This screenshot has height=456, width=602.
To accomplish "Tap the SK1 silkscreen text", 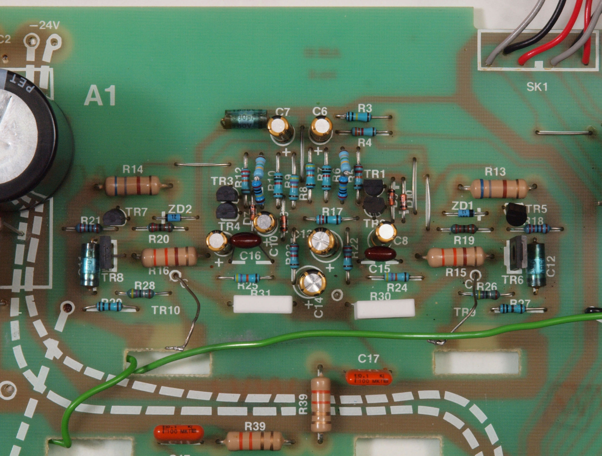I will pyautogui.click(x=537, y=87).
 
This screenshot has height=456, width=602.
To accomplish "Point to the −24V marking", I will pyautogui.click(x=45, y=26).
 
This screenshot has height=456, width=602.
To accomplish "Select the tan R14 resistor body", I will pyautogui.click(x=133, y=186).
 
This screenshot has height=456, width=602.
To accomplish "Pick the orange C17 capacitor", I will pyautogui.click(x=369, y=378).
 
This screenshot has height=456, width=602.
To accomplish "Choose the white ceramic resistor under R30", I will pyautogui.click(x=384, y=309).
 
